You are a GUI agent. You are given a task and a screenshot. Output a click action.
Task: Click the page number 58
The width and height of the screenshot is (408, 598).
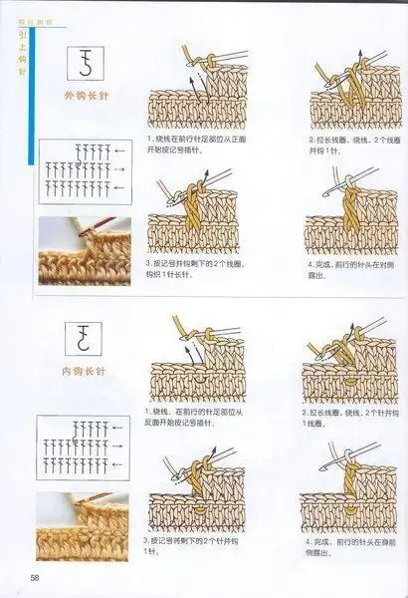34,578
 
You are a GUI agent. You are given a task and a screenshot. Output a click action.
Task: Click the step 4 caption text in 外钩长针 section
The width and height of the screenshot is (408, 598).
343,270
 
